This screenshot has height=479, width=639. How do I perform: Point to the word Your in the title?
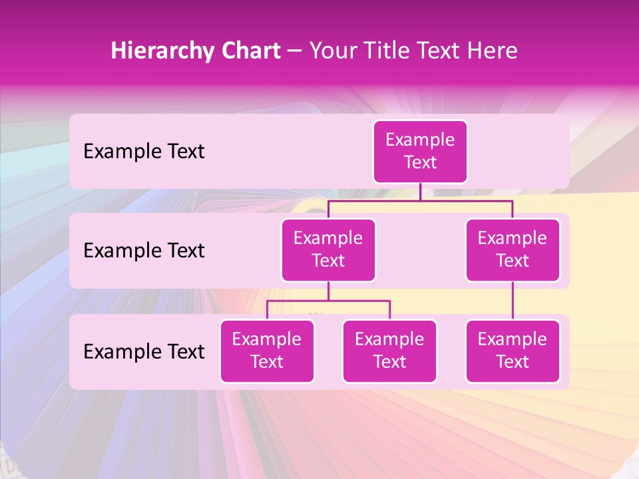click(x=332, y=51)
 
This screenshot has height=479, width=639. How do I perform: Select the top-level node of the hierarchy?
click(x=420, y=151)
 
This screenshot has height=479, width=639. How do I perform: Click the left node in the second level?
click(x=328, y=249)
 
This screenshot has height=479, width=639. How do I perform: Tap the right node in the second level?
click(x=513, y=249)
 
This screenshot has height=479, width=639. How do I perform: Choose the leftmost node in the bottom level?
click(x=267, y=351)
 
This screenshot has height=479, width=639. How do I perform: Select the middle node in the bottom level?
click(x=389, y=351)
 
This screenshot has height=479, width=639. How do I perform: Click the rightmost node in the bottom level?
click(x=513, y=351)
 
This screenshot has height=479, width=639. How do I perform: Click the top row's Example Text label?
click(x=144, y=151)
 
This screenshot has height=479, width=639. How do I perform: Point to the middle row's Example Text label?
click(x=144, y=250)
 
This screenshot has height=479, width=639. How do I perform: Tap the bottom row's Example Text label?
click(x=144, y=351)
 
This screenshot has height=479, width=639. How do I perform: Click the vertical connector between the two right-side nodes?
click(x=513, y=301)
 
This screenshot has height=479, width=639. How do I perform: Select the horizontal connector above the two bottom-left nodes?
click(x=328, y=301)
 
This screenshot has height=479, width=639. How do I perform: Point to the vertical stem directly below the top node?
click(x=420, y=192)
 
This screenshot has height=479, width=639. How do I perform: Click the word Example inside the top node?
click(x=420, y=140)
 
